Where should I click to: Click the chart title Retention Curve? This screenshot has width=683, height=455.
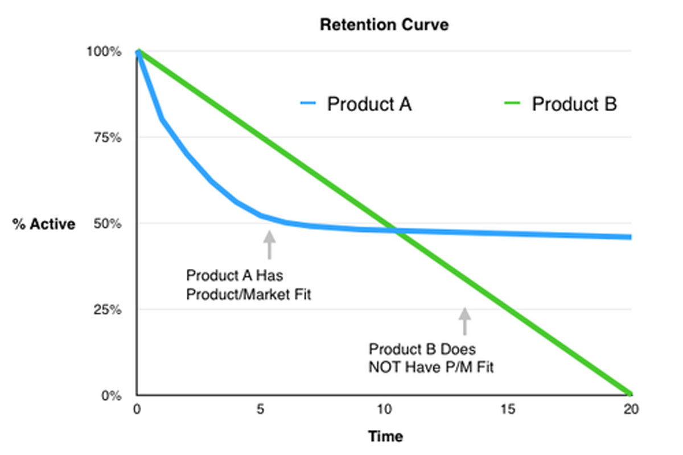tap(384, 25)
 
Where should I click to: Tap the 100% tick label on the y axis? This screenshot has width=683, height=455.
tap(104, 52)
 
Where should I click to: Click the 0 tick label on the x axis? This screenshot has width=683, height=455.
tap(137, 409)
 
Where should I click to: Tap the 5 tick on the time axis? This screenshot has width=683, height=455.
tap(260, 409)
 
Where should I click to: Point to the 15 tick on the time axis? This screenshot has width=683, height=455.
tap(507, 409)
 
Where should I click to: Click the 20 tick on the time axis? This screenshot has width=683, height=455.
tap(630, 409)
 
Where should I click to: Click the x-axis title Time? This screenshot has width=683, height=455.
tap(385, 437)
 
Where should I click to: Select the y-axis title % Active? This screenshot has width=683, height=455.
tap(44, 224)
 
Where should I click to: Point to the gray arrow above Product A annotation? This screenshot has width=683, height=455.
tap(269, 244)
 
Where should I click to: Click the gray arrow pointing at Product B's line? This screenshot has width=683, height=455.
tap(465, 321)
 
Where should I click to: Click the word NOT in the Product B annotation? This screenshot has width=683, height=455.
tap(385, 367)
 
